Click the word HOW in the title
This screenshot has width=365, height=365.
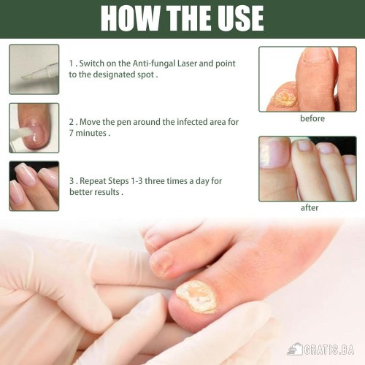tap(130, 18)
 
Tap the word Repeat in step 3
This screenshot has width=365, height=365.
tap(93, 181)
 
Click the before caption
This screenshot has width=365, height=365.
tap(312, 118)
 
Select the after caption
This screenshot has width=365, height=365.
tap(310, 208)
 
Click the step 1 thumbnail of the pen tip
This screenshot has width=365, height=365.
tap(34, 69)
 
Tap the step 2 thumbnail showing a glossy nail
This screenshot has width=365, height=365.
tap(34, 128)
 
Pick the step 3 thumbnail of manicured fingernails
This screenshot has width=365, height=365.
tap(34, 186)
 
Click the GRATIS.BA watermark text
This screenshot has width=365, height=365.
tap(328, 350)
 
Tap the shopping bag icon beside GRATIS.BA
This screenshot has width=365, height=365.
tap(294, 350)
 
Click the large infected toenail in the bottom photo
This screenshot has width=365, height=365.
tap(196, 297)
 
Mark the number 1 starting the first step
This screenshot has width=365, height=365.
tap(71, 64)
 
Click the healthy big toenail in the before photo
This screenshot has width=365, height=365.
tap(315, 54)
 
